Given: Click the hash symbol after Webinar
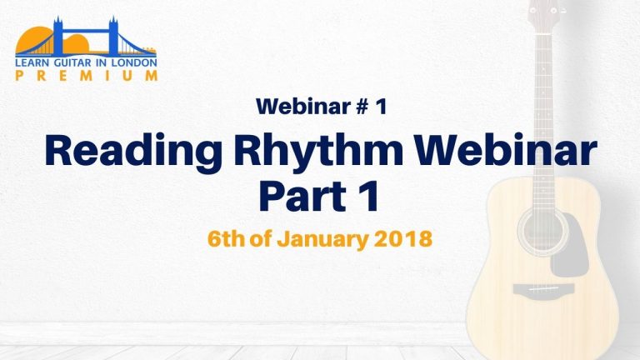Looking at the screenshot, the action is [361, 107].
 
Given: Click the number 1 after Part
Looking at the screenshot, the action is [368, 196].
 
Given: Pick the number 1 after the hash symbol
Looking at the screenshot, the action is [381, 107].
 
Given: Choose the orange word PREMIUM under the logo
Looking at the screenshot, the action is [86, 76].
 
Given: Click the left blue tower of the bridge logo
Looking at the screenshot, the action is [58, 36].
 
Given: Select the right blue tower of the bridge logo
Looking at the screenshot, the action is [113, 36].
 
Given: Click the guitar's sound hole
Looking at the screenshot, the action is [542, 232].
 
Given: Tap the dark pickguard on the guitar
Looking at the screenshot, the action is [570, 245].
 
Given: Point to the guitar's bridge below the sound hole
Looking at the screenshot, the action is [543, 289].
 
